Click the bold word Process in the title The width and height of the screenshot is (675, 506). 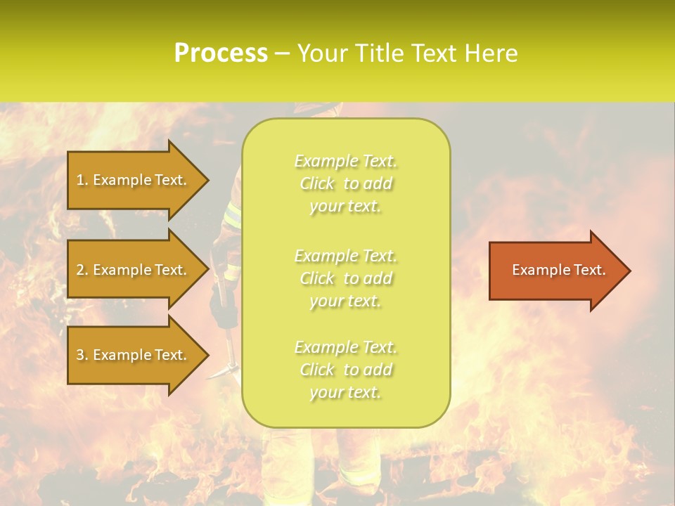click(221, 53)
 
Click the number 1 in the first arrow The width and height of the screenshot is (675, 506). click(80, 180)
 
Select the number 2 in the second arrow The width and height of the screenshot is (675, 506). click(80, 270)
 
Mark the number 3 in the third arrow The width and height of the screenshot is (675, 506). click(80, 355)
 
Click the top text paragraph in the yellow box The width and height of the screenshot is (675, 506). click(346, 183)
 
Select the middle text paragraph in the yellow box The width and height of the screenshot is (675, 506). click(346, 278)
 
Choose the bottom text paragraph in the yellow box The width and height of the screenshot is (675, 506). click(346, 370)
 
